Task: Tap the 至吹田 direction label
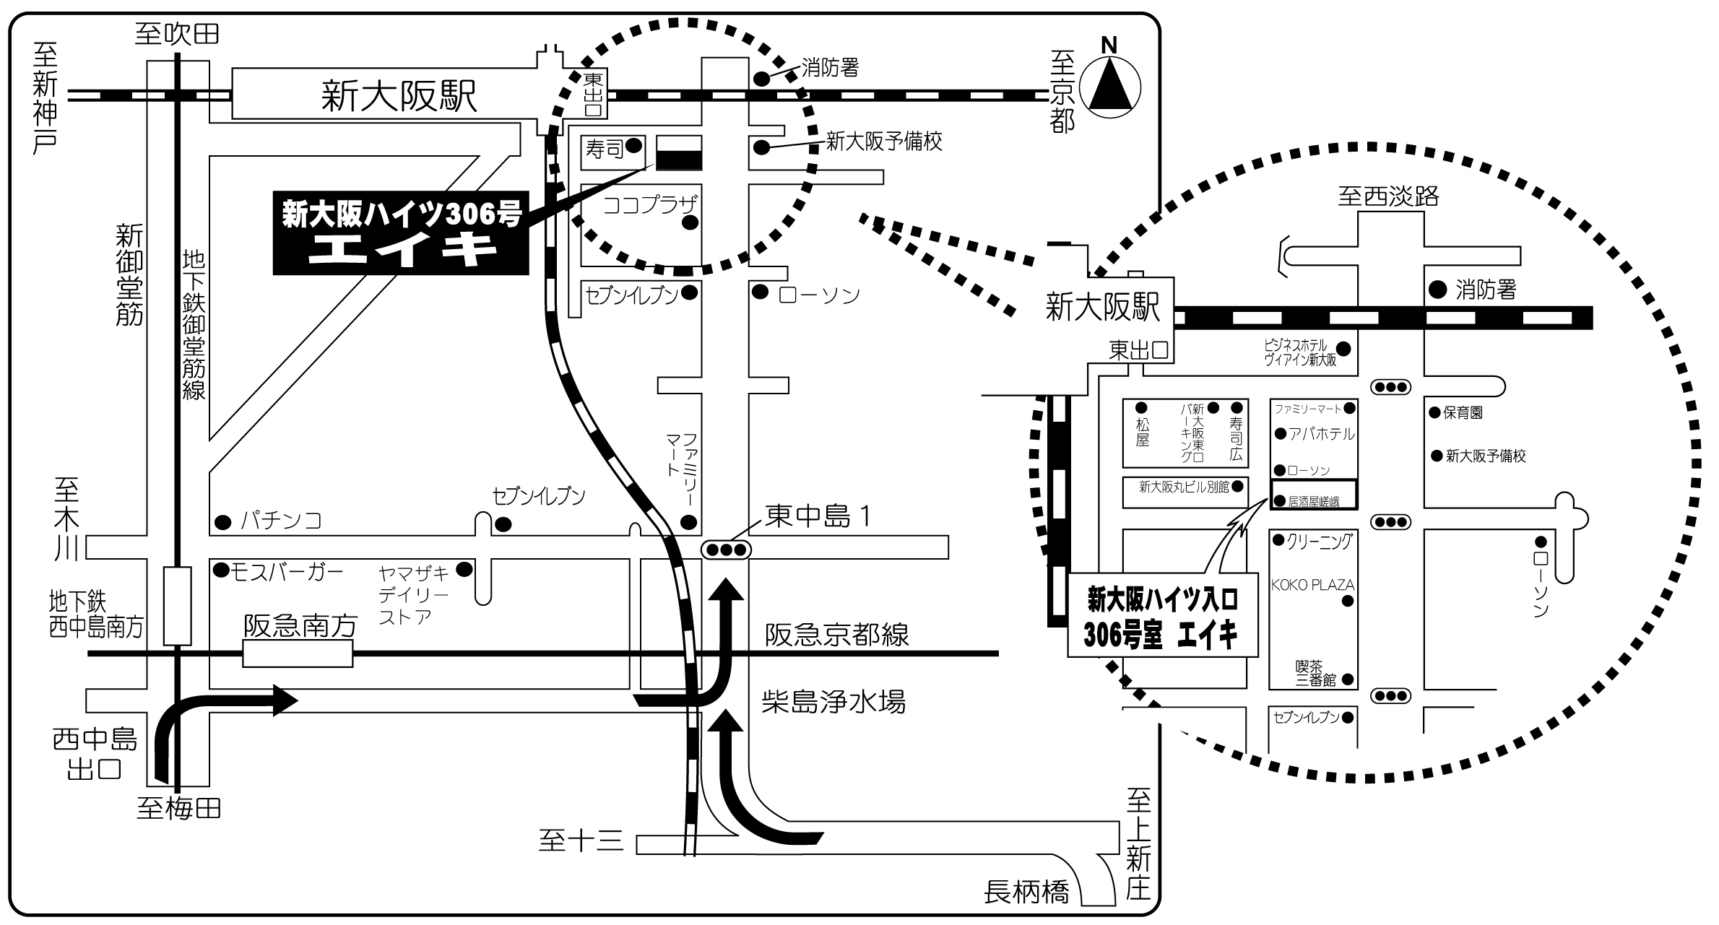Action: point(177,34)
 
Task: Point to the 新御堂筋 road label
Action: point(129,274)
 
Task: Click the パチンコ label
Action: point(281,520)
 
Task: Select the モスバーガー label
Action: point(286,572)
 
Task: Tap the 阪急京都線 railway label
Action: point(836,635)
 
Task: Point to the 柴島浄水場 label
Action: point(833,700)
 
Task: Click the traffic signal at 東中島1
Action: point(725,550)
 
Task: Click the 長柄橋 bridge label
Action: point(1026,893)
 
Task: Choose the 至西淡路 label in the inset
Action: point(1388,196)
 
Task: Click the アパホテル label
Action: point(1322,434)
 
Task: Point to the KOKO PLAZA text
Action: point(1312,585)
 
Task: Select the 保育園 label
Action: point(1463,413)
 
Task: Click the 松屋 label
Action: point(1142,431)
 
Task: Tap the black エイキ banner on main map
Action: point(401,233)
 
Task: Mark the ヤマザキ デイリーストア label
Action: point(414,595)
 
